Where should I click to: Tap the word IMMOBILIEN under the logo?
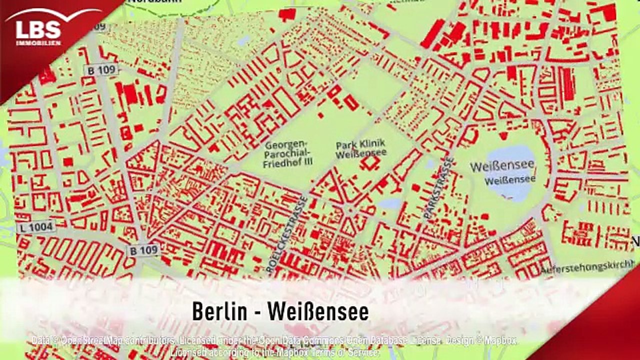click(38, 43)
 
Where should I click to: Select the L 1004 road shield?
click(35, 227)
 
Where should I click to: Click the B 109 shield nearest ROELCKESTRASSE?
click(143, 250)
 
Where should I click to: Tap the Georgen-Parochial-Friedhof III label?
click(287, 154)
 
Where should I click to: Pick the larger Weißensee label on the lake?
click(502, 165)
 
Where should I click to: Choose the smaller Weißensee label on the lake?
click(510, 178)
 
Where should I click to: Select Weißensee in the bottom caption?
click(318, 312)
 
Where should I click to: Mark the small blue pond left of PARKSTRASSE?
click(390, 203)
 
